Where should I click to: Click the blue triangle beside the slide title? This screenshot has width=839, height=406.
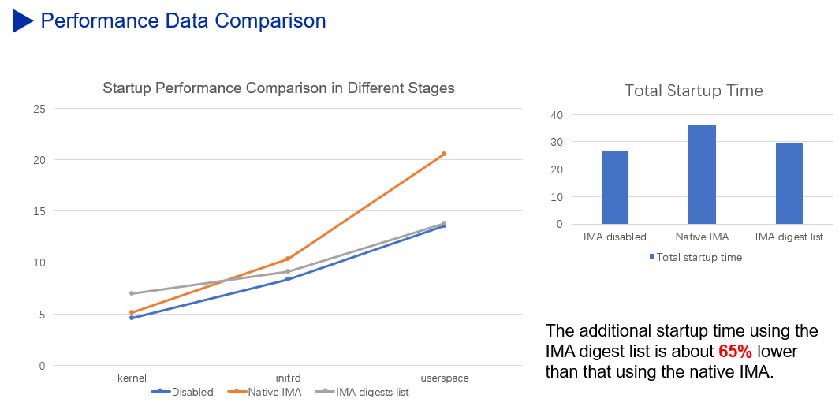22,20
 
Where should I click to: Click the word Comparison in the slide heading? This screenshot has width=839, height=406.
271,20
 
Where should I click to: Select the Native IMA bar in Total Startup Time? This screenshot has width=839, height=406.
702,174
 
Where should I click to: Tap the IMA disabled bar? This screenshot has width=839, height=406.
614,188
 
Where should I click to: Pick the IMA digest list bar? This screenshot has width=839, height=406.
789,183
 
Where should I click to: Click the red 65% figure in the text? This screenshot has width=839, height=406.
734,351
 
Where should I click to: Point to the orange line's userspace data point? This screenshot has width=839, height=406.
444,154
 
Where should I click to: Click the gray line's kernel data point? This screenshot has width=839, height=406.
132,293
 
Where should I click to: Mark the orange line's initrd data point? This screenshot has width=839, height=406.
288,259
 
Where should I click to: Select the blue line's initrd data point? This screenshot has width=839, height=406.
288,279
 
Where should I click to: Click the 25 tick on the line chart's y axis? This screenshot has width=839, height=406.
39,108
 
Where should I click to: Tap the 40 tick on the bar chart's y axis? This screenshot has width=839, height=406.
557,115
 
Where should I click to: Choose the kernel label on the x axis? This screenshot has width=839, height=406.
132,378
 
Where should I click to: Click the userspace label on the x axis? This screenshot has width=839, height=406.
444,378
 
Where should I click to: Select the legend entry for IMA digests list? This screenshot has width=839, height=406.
371,392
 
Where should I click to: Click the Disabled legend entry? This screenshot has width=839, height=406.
192,392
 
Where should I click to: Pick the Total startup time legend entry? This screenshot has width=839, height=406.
699,257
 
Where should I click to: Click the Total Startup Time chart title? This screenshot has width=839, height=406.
693,91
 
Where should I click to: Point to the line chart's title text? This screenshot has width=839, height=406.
278,88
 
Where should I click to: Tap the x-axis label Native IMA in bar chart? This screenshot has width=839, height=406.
702,237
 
